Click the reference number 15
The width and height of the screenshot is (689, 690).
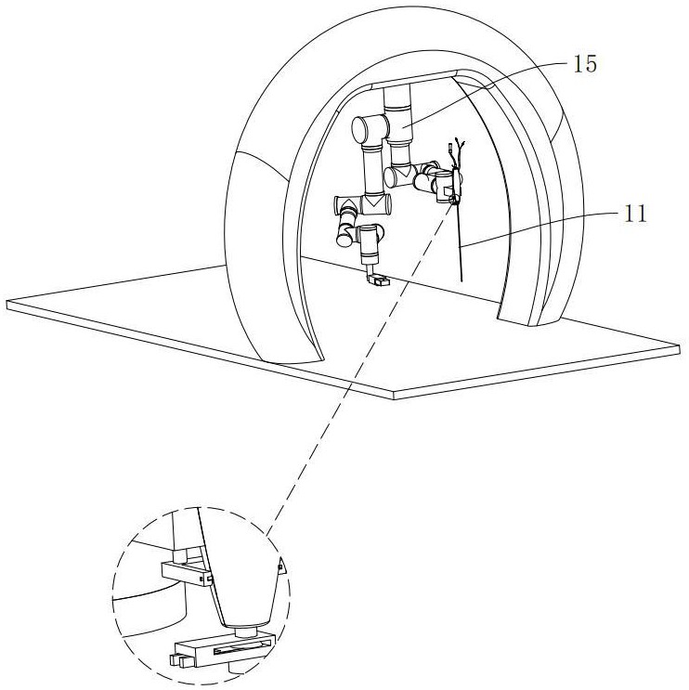pyautogui.click(x=586, y=64)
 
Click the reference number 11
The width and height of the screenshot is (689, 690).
pyautogui.click(x=635, y=214)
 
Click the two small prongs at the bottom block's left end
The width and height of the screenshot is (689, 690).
pyautogui.click(x=179, y=662)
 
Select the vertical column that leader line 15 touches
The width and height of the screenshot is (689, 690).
pyautogui.click(x=401, y=125)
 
